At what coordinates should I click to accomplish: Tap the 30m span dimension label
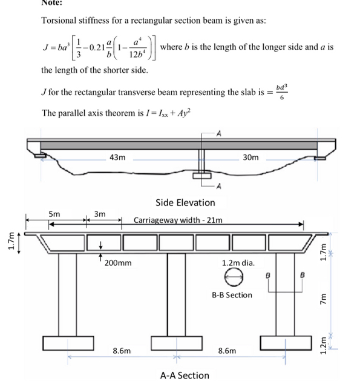tap(250, 157)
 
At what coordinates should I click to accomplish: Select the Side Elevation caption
tap(185, 202)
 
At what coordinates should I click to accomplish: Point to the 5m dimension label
tap(54, 214)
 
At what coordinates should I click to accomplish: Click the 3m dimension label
tap(100, 214)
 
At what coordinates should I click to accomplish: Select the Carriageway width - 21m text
tap(178, 219)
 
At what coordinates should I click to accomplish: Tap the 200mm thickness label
tap(118, 263)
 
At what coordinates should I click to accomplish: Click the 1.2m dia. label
tap(239, 263)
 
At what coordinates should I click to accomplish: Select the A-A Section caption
tap(185, 375)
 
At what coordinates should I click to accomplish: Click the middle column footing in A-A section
tap(176, 343)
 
